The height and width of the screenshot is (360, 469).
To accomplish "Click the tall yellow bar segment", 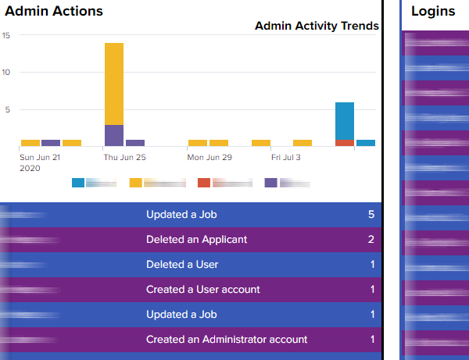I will [114, 83].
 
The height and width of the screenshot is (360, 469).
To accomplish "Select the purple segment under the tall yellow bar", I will [114, 135].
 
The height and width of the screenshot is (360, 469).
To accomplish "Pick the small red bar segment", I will [345, 143].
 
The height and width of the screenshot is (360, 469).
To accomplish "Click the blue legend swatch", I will [78, 183].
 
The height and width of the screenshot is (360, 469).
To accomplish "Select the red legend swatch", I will [204, 183].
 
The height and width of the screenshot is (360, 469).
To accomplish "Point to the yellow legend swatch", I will [136, 183].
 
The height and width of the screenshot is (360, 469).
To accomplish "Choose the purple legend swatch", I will [270, 183].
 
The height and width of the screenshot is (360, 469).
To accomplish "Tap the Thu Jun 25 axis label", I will [125, 157].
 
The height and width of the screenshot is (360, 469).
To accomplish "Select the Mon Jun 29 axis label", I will [209, 157].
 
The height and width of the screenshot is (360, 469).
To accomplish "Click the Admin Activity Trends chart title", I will [317, 26].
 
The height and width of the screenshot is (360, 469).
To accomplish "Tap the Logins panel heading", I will [432, 12].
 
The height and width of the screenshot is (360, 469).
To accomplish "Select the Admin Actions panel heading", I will [54, 12].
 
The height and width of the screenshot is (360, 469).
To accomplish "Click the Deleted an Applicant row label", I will [196, 240].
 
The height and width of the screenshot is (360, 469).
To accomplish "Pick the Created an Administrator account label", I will [227, 340].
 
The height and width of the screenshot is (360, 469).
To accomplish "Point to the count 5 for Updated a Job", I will [371, 215].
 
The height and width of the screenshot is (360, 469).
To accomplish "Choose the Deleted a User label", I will [182, 265].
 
